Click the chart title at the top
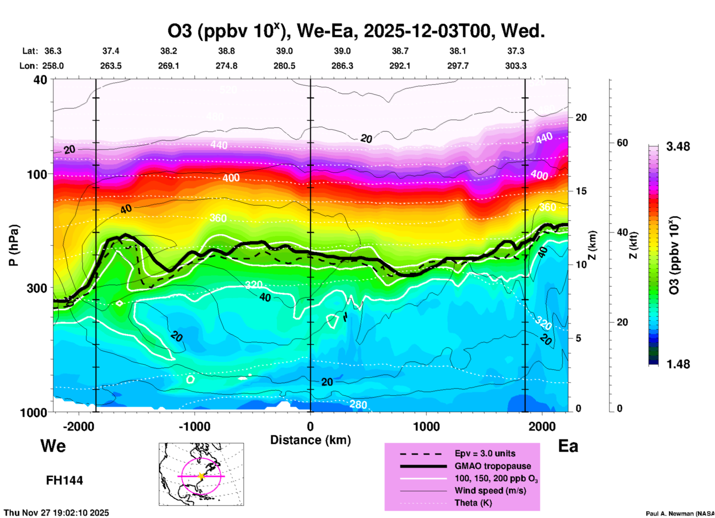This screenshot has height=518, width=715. coord(356,31)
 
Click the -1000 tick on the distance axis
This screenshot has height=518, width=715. coord(194,427)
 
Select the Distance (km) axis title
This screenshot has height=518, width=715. coord(310,440)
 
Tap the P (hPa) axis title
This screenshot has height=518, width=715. coord(14,245)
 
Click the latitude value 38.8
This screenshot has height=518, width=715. coord(226,51)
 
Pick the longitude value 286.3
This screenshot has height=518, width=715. coord(342,66)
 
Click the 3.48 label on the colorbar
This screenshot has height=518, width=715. coord(678,146)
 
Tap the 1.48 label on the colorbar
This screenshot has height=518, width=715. coord(678,364)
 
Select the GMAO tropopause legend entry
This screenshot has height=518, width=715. coord(493,466)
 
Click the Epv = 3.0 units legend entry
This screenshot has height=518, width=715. coord(485,454)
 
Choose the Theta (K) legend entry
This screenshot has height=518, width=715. coord(473,503)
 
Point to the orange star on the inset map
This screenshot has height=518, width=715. coord(201,476)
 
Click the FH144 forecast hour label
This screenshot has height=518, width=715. coord(64,480)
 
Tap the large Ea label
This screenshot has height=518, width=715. coord(568,446)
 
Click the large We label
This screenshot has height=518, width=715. coord(53,446)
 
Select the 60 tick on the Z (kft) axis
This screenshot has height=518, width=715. coord(623,143)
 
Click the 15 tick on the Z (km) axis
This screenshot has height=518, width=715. coord(581,191)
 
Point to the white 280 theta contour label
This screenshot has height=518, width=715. coord(358,404)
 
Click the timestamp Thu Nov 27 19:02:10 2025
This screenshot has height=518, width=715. coord(56,513)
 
